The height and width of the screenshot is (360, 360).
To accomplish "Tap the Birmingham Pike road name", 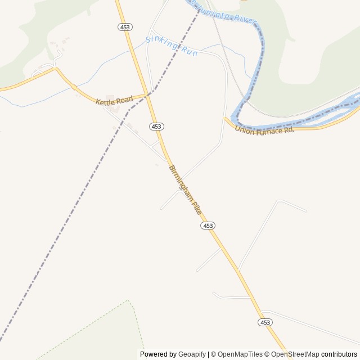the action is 185,190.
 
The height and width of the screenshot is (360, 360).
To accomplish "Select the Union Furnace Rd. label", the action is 264,130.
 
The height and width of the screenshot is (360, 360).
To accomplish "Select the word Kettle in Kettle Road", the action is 105,102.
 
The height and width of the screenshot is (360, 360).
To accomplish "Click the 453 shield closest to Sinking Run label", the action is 125,27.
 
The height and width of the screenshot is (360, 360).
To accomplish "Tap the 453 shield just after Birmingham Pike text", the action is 208,225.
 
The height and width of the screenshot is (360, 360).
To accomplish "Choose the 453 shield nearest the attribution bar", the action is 265,322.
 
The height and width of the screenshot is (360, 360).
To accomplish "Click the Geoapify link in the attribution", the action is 192,354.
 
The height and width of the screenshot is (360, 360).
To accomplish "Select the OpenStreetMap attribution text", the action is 295,354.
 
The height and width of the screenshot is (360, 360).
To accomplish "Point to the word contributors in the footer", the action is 339,354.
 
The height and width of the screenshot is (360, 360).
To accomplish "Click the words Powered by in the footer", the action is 158,354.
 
